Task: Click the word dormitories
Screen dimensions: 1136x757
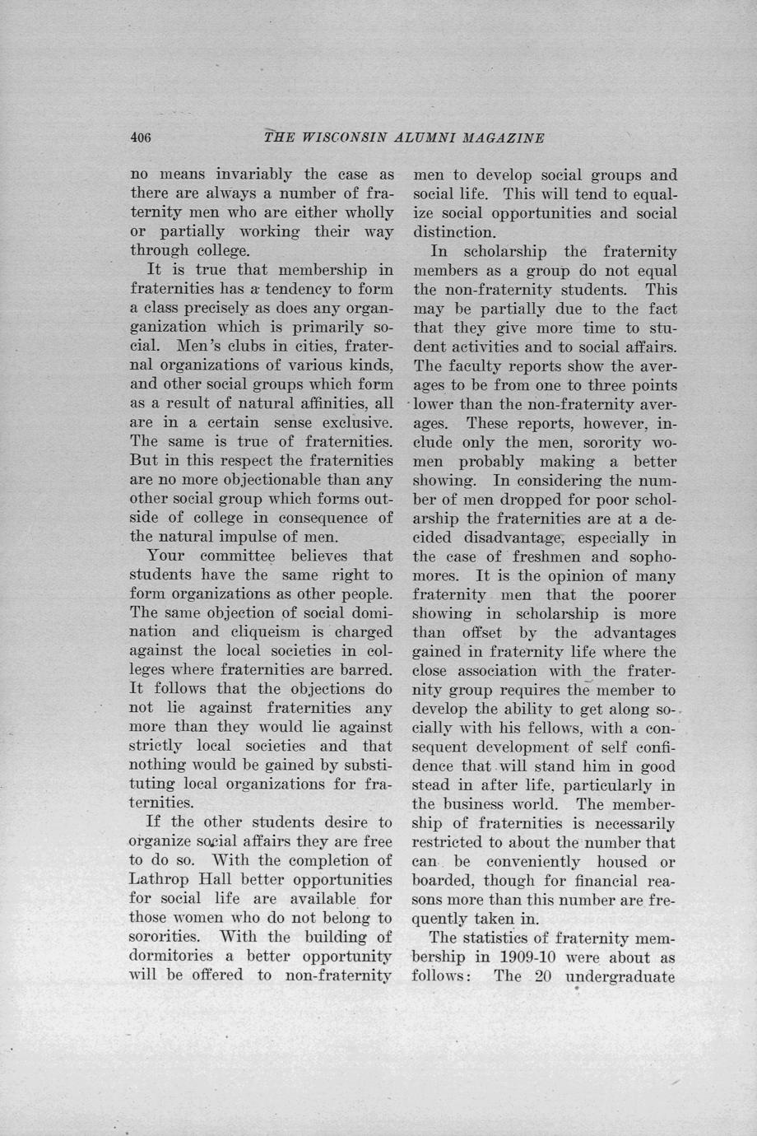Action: (x=172, y=956)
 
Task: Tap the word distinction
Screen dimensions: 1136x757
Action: (x=456, y=232)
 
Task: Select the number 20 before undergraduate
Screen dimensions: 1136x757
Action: (x=543, y=977)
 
